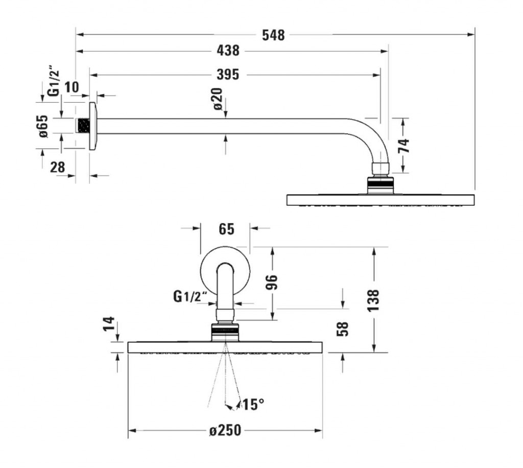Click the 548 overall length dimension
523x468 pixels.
coord(273,35)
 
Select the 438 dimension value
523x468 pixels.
coord(228,51)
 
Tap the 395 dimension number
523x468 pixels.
coord(228,75)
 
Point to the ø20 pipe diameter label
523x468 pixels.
coord(218,99)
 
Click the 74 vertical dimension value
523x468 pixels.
coord(404,146)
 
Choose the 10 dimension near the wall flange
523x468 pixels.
coord(72,87)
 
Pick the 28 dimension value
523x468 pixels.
coord(57,167)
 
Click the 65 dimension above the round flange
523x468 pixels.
coord(226,229)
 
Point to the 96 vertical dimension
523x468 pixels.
coord(273,283)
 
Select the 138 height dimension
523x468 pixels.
coord(373,300)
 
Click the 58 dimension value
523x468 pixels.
coord(343,329)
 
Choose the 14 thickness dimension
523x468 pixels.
coord(109,323)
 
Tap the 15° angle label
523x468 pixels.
coord(253,404)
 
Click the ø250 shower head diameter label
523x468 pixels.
coord(225,430)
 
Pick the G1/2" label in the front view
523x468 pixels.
coord(190,296)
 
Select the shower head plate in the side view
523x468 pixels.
coord(381,199)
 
